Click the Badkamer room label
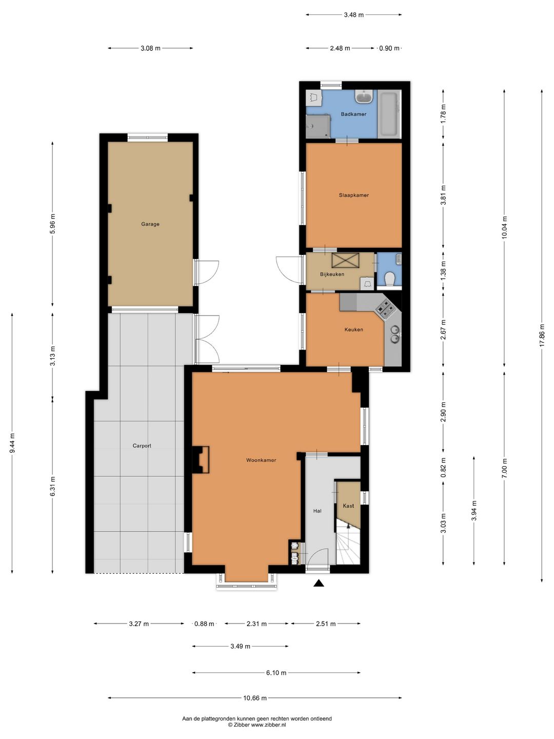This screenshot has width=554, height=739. pyautogui.click(x=353, y=114)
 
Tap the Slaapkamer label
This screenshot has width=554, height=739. pyautogui.click(x=354, y=195)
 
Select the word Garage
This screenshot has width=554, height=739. pyautogui.click(x=150, y=224)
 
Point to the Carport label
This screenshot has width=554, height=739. pyautogui.click(x=142, y=446)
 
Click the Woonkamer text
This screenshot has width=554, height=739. pyautogui.click(x=261, y=460)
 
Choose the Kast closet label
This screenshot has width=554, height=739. pyautogui.click(x=348, y=505)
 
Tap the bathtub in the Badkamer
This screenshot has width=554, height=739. pyautogui.click(x=389, y=114)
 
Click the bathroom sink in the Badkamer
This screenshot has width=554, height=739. pyautogui.click(x=364, y=97)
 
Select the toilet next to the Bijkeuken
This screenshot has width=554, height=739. pyautogui.click(x=389, y=279)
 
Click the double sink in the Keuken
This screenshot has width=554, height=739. pyautogui.click(x=394, y=333)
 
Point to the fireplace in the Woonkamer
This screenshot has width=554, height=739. pyautogui.click(x=201, y=459)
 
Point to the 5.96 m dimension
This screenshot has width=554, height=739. pyautogui.click(x=52, y=224)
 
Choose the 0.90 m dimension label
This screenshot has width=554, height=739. pyautogui.click(x=389, y=48)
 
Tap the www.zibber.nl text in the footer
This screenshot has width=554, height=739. pyautogui.click(x=269, y=725)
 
